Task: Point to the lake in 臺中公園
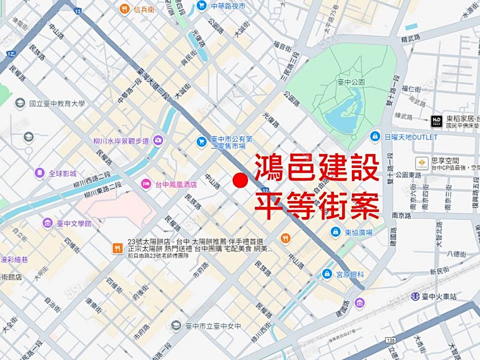(341, 114)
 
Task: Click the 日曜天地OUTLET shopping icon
(375, 137)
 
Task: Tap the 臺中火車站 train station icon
(416, 296)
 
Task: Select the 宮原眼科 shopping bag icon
(327, 274)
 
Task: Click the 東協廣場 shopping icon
(335, 232)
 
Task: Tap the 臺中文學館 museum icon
(48, 223)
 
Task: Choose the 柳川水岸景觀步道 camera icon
(158, 141)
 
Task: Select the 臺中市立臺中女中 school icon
(176, 325)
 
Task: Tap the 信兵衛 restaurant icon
(124, 9)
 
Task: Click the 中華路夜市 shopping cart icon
(202, 6)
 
